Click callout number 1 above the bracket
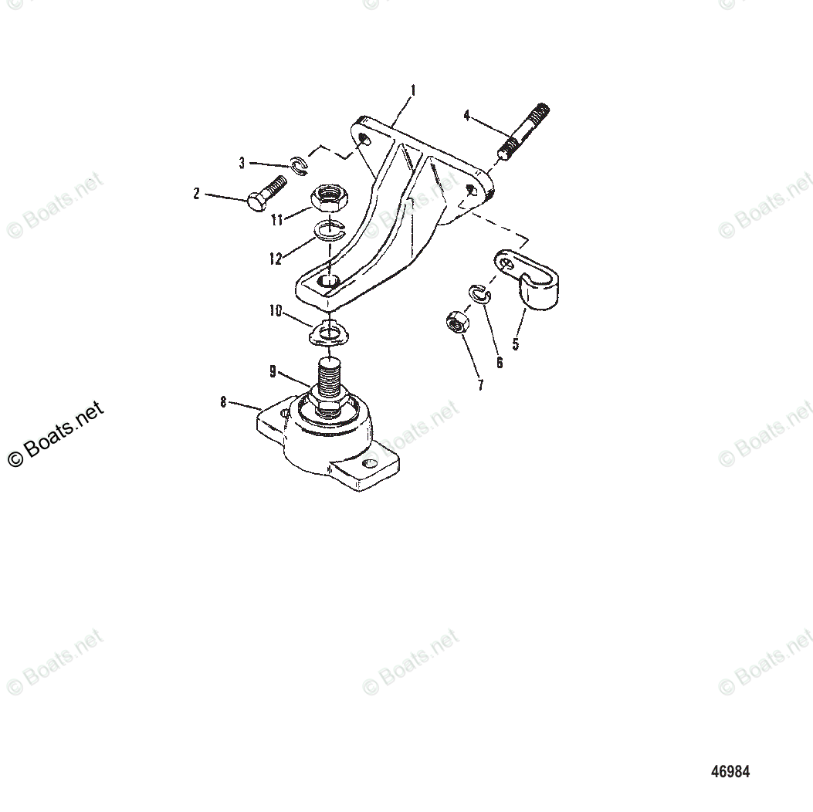click(x=412, y=90)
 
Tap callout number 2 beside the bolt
click(x=197, y=194)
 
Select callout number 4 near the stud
click(x=466, y=116)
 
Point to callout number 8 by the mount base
click(x=223, y=401)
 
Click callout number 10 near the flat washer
click(x=276, y=311)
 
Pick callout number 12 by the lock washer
click(x=276, y=259)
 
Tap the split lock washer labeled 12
click(x=328, y=229)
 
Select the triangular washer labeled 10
click(x=329, y=334)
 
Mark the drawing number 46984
click(x=730, y=771)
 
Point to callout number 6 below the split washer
click(x=499, y=362)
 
